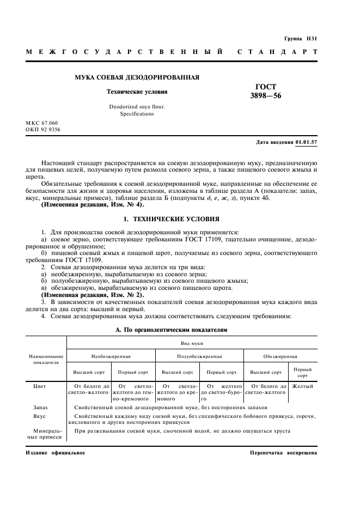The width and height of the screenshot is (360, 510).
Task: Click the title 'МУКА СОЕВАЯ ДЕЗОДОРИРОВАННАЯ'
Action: point(137,77)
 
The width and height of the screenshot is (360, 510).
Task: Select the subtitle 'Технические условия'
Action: point(137,92)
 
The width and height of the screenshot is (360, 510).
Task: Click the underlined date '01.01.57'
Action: point(307,142)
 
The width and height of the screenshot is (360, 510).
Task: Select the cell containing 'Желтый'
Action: point(302,386)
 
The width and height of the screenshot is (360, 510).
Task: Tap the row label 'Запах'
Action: point(40,407)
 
